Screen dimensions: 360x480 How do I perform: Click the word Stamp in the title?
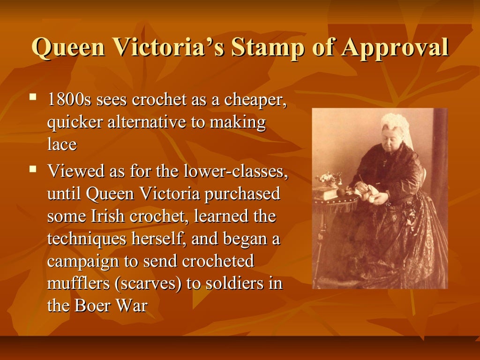coord(273,48)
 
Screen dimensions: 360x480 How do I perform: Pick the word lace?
coord(61,145)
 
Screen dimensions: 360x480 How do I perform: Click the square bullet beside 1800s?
coord(32,97)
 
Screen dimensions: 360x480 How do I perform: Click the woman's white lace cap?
coord(395,123)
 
